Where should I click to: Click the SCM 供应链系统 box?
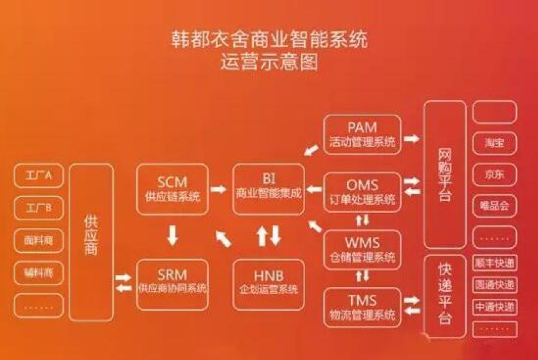(x=172, y=188)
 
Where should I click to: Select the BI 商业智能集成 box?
(x=268, y=188)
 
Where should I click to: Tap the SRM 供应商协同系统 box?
(x=172, y=282)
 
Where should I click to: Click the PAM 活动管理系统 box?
(x=362, y=135)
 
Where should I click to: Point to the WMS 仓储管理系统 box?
(x=362, y=248)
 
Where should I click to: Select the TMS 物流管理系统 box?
(x=362, y=306)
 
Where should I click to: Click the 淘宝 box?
(x=494, y=142)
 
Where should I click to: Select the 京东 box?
(x=494, y=174)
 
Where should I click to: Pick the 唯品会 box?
(x=494, y=206)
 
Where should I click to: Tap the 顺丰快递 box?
(x=494, y=263)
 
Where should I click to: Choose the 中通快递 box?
(x=494, y=306)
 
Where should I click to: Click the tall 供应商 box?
(x=91, y=242)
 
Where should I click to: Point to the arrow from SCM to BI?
(x=219, y=188)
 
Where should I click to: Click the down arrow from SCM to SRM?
(x=173, y=235)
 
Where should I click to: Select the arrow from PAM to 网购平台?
(x=411, y=138)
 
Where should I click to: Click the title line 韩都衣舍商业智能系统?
(x=269, y=41)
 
